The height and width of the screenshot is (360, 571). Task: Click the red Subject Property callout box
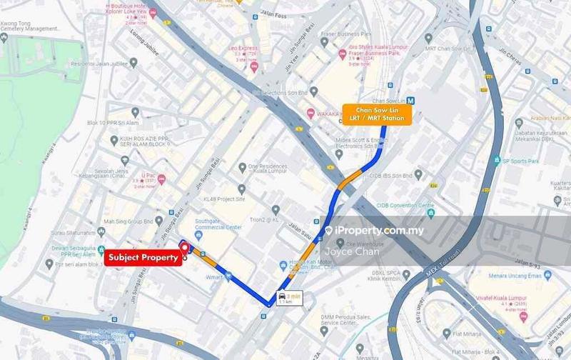point(141,257)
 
